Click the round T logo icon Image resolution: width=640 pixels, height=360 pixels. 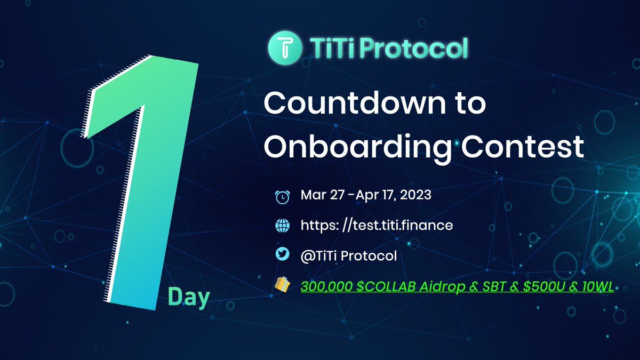282,47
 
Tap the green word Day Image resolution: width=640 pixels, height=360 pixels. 188,297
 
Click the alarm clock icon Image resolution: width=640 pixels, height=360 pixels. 282,196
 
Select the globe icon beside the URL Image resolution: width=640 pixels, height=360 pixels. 282,226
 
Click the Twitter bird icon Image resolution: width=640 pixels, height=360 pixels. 282,255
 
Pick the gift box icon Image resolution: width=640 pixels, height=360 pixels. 282,286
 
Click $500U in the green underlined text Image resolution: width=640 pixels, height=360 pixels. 540,287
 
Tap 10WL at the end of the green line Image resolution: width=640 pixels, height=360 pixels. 598,287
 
